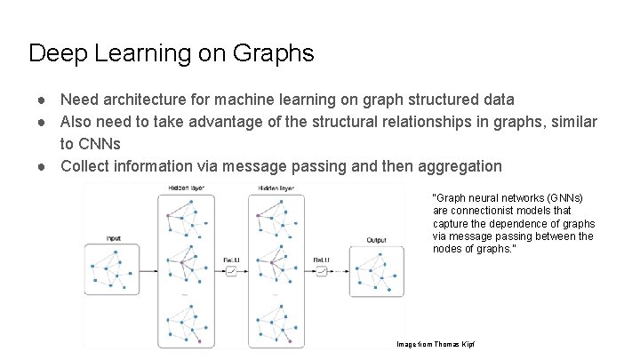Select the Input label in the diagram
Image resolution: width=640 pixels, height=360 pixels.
coord(113,238)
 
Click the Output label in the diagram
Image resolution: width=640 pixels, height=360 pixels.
coord(376,239)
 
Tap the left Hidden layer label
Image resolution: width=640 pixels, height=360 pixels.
coord(183,188)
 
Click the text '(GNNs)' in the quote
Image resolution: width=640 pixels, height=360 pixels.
coord(568,197)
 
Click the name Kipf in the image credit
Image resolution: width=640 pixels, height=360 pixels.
coord(470,343)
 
